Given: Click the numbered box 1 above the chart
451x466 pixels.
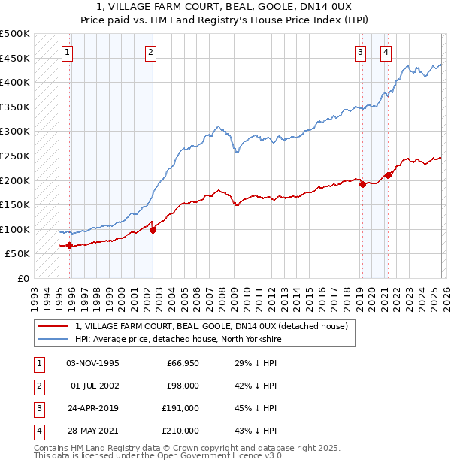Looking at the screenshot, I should click(x=68, y=53).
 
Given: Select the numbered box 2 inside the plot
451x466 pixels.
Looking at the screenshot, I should click(x=151, y=53).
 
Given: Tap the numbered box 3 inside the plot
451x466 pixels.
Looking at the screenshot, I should click(x=361, y=53).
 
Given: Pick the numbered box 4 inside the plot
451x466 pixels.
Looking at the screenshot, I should click(x=386, y=53).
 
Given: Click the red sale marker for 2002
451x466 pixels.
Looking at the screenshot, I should click(x=153, y=230).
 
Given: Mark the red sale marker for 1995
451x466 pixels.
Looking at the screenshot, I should click(x=70, y=245).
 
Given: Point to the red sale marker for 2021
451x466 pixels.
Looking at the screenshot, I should click(x=389, y=175).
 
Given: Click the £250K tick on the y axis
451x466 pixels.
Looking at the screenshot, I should click(x=15, y=156).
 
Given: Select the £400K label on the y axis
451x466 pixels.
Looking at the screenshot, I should click(x=15, y=82).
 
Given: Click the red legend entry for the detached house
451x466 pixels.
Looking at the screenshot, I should click(x=211, y=327).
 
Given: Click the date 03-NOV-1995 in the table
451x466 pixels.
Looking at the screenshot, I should click(x=92, y=363).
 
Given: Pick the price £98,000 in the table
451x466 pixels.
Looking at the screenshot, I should click(x=183, y=386).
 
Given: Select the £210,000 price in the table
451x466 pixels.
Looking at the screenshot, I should click(x=180, y=431).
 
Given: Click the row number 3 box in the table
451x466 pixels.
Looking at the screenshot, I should click(x=38, y=410).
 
